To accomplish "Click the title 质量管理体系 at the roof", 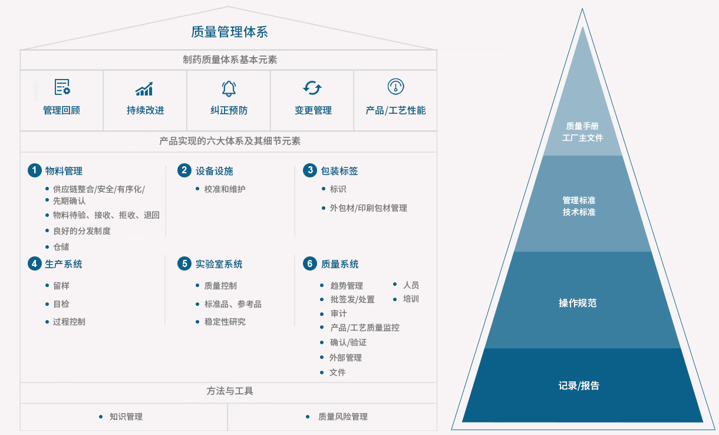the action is coord(229,32).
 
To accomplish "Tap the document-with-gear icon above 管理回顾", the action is coord(62,87).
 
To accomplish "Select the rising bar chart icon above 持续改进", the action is coord(144,89).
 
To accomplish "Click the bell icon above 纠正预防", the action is coord(229,88).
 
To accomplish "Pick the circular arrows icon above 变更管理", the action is coord(312,88).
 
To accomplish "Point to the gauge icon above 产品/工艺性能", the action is coord(396,87).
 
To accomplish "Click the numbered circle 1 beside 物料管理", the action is coord(35,170).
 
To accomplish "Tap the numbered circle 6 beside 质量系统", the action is coord(310,263).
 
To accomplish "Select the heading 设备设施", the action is coord(214,171).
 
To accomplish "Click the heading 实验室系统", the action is coord(219,264).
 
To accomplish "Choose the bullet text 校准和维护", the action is coord(225,189).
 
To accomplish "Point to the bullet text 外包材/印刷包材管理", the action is coord(368,208).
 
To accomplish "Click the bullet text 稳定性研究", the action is coord(225,322).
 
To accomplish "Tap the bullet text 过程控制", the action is coord(69,322).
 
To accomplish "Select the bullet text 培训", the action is coord(411,299).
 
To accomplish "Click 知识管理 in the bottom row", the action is coord(126,417).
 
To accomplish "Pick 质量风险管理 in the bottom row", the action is coord(343,417).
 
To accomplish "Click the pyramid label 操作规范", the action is coord(578,303).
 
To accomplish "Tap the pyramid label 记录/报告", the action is coord(579,385).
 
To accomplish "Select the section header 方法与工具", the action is coord(229,391).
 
